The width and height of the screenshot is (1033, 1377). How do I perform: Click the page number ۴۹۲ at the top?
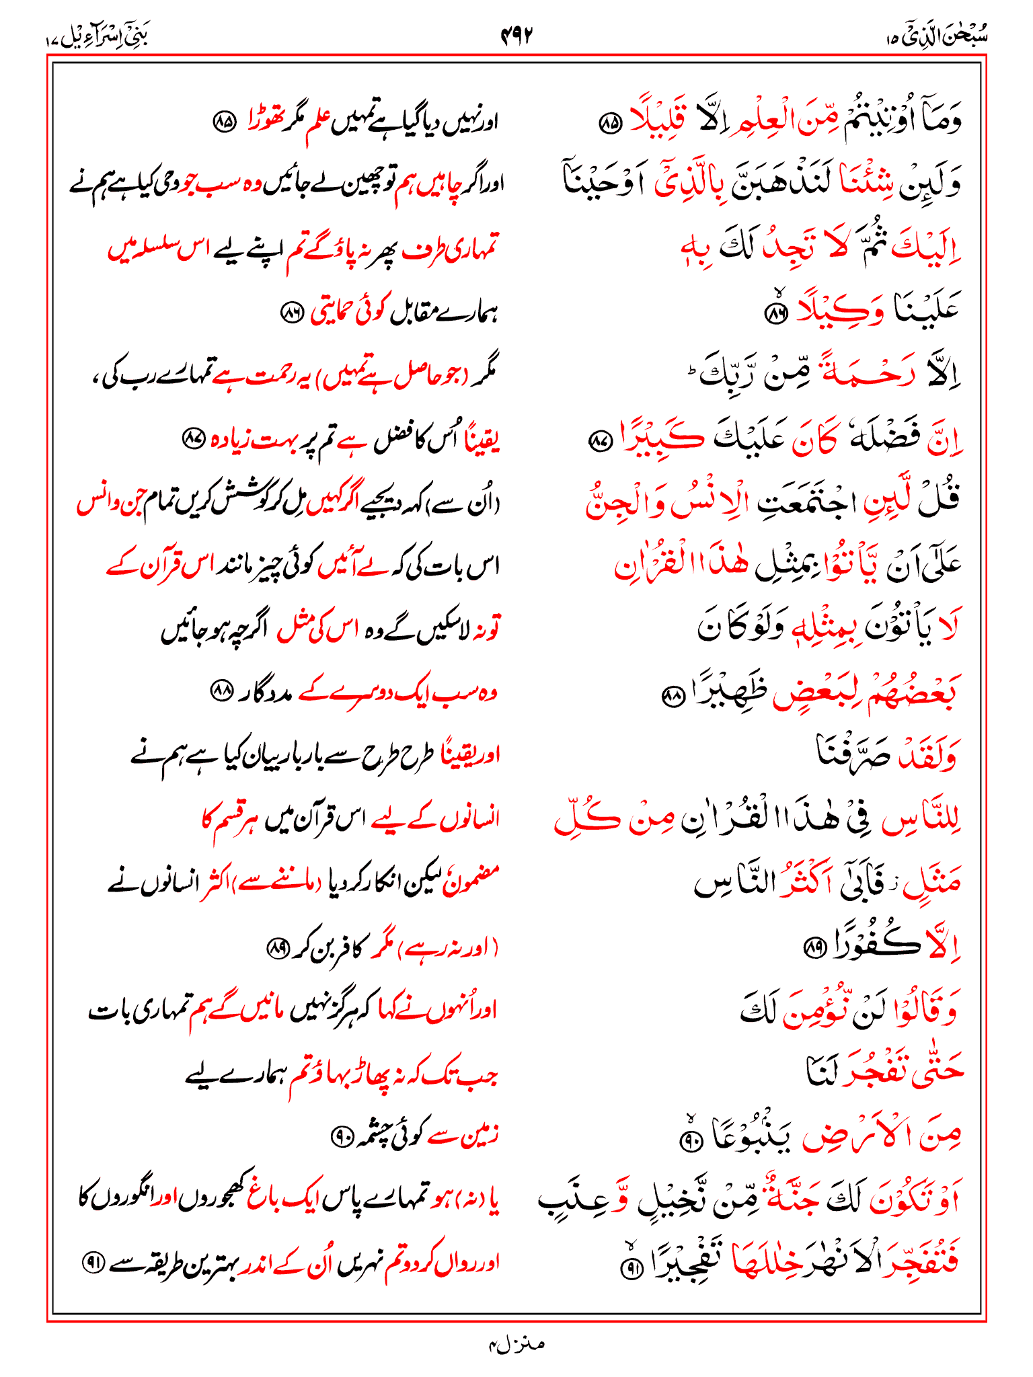coord(516,35)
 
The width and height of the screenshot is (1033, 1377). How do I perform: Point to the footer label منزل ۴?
coord(516,1344)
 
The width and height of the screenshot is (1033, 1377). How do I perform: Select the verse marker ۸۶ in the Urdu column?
coord(292,313)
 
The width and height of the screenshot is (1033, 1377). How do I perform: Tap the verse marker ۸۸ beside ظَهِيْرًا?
coord(672,697)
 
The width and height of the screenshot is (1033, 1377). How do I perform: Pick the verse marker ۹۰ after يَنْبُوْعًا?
coord(691,1139)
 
